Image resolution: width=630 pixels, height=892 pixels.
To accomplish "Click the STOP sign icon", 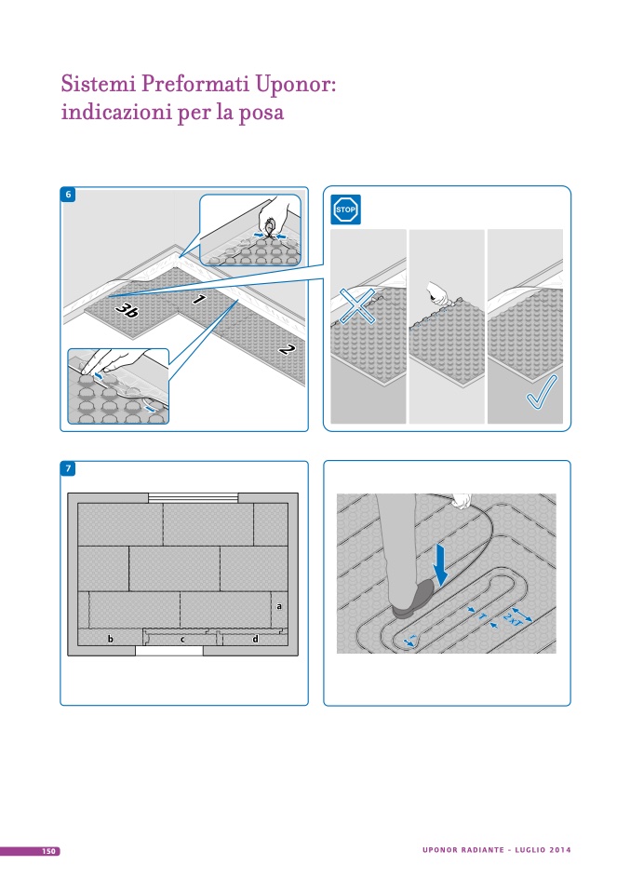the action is pyautogui.click(x=345, y=209).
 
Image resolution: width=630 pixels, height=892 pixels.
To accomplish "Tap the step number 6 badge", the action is pyautogui.click(x=68, y=195).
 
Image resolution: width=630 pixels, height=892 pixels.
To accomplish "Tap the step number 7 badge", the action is pyautogui.click(x=68, y=468).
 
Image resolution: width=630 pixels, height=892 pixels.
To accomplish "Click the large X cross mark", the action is pyautogui.click(x=357, y=305).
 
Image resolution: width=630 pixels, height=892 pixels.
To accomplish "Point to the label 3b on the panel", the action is pyautogui.click(x=127, y=310).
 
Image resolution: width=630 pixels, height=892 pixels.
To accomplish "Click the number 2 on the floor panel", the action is pyautogui.click(x=287, y=349).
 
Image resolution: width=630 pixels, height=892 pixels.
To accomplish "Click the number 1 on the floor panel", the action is pyautogui.click(x=199, y=299).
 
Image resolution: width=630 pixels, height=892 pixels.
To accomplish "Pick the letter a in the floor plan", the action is pyautogui.click(x=278, y=606).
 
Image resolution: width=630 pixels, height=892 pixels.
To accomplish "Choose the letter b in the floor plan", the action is pyautogui.click(x=111, y=639).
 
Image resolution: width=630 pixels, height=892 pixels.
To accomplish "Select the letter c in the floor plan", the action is pyautogui.click(x=182, y=640).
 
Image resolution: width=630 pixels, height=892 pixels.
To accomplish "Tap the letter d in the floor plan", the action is pyautogui.click(x=255, y=639).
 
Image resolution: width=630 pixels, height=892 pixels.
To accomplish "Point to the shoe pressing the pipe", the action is pyautogui.click(x=414, y=600).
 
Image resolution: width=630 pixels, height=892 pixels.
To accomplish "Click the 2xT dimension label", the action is pyautogui.click(x=514, y=619).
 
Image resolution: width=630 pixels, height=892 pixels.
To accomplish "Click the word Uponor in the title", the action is pyautogui.click(x=296, y=84).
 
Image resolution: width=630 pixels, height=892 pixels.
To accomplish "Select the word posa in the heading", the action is pyautogui.click(x=261, y=112).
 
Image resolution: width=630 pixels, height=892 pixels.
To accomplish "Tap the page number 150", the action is pyautogui.click(x=49, y=851).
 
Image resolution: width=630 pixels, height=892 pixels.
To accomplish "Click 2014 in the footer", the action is pyautogui.click(x=560, y=850).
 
